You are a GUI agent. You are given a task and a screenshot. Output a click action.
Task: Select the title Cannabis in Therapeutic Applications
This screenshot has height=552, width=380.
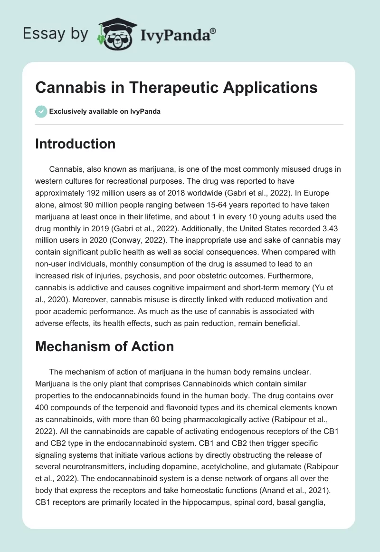[x=176, y=88]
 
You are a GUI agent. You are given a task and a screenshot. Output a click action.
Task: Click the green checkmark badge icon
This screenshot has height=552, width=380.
[x=41, y=111]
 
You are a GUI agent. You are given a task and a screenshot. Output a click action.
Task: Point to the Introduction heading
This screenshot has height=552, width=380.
[x=75, y=144]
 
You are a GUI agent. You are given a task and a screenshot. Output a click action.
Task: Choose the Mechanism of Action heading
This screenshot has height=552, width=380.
[x=104, y=347]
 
